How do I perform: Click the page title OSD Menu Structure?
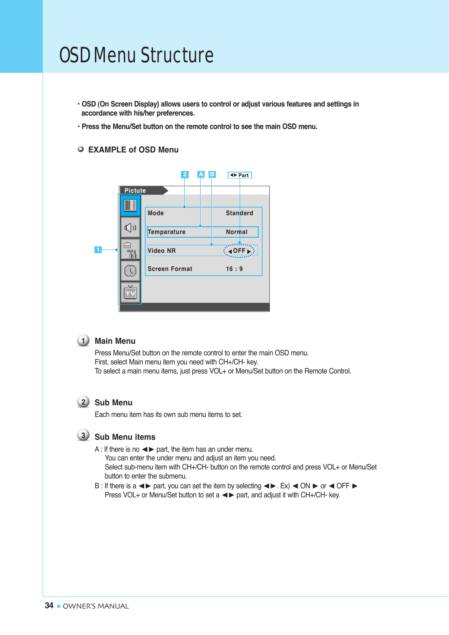(x=136, y=55)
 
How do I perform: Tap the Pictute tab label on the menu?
(x=135, y=191)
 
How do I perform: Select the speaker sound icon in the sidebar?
(x=130, y=227)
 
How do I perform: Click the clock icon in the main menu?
(x=130, y=271)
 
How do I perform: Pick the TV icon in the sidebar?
(x=130, y=293)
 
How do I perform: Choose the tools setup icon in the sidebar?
(x=130, y=249)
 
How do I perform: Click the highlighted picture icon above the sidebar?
(x=130, y=205)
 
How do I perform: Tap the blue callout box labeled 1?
(x=98, y=250)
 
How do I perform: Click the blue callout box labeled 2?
(x=185, y=175)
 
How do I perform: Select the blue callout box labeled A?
(x=201, y=175)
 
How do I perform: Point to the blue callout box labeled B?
(x=212, y=175)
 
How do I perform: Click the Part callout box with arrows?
(x=240, y=175)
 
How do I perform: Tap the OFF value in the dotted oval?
(x=239, y=251)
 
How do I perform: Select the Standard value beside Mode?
(x=239, y=213)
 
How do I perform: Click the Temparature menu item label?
(x=167, y=232)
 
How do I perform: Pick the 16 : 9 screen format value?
(x=234, y=269)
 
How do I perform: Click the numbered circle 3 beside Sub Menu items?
(x=83, y=435)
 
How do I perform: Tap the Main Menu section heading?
(x=115, y=341)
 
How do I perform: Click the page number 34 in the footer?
(x=49, y=606)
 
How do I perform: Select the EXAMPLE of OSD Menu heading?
(x=133, y=150)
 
